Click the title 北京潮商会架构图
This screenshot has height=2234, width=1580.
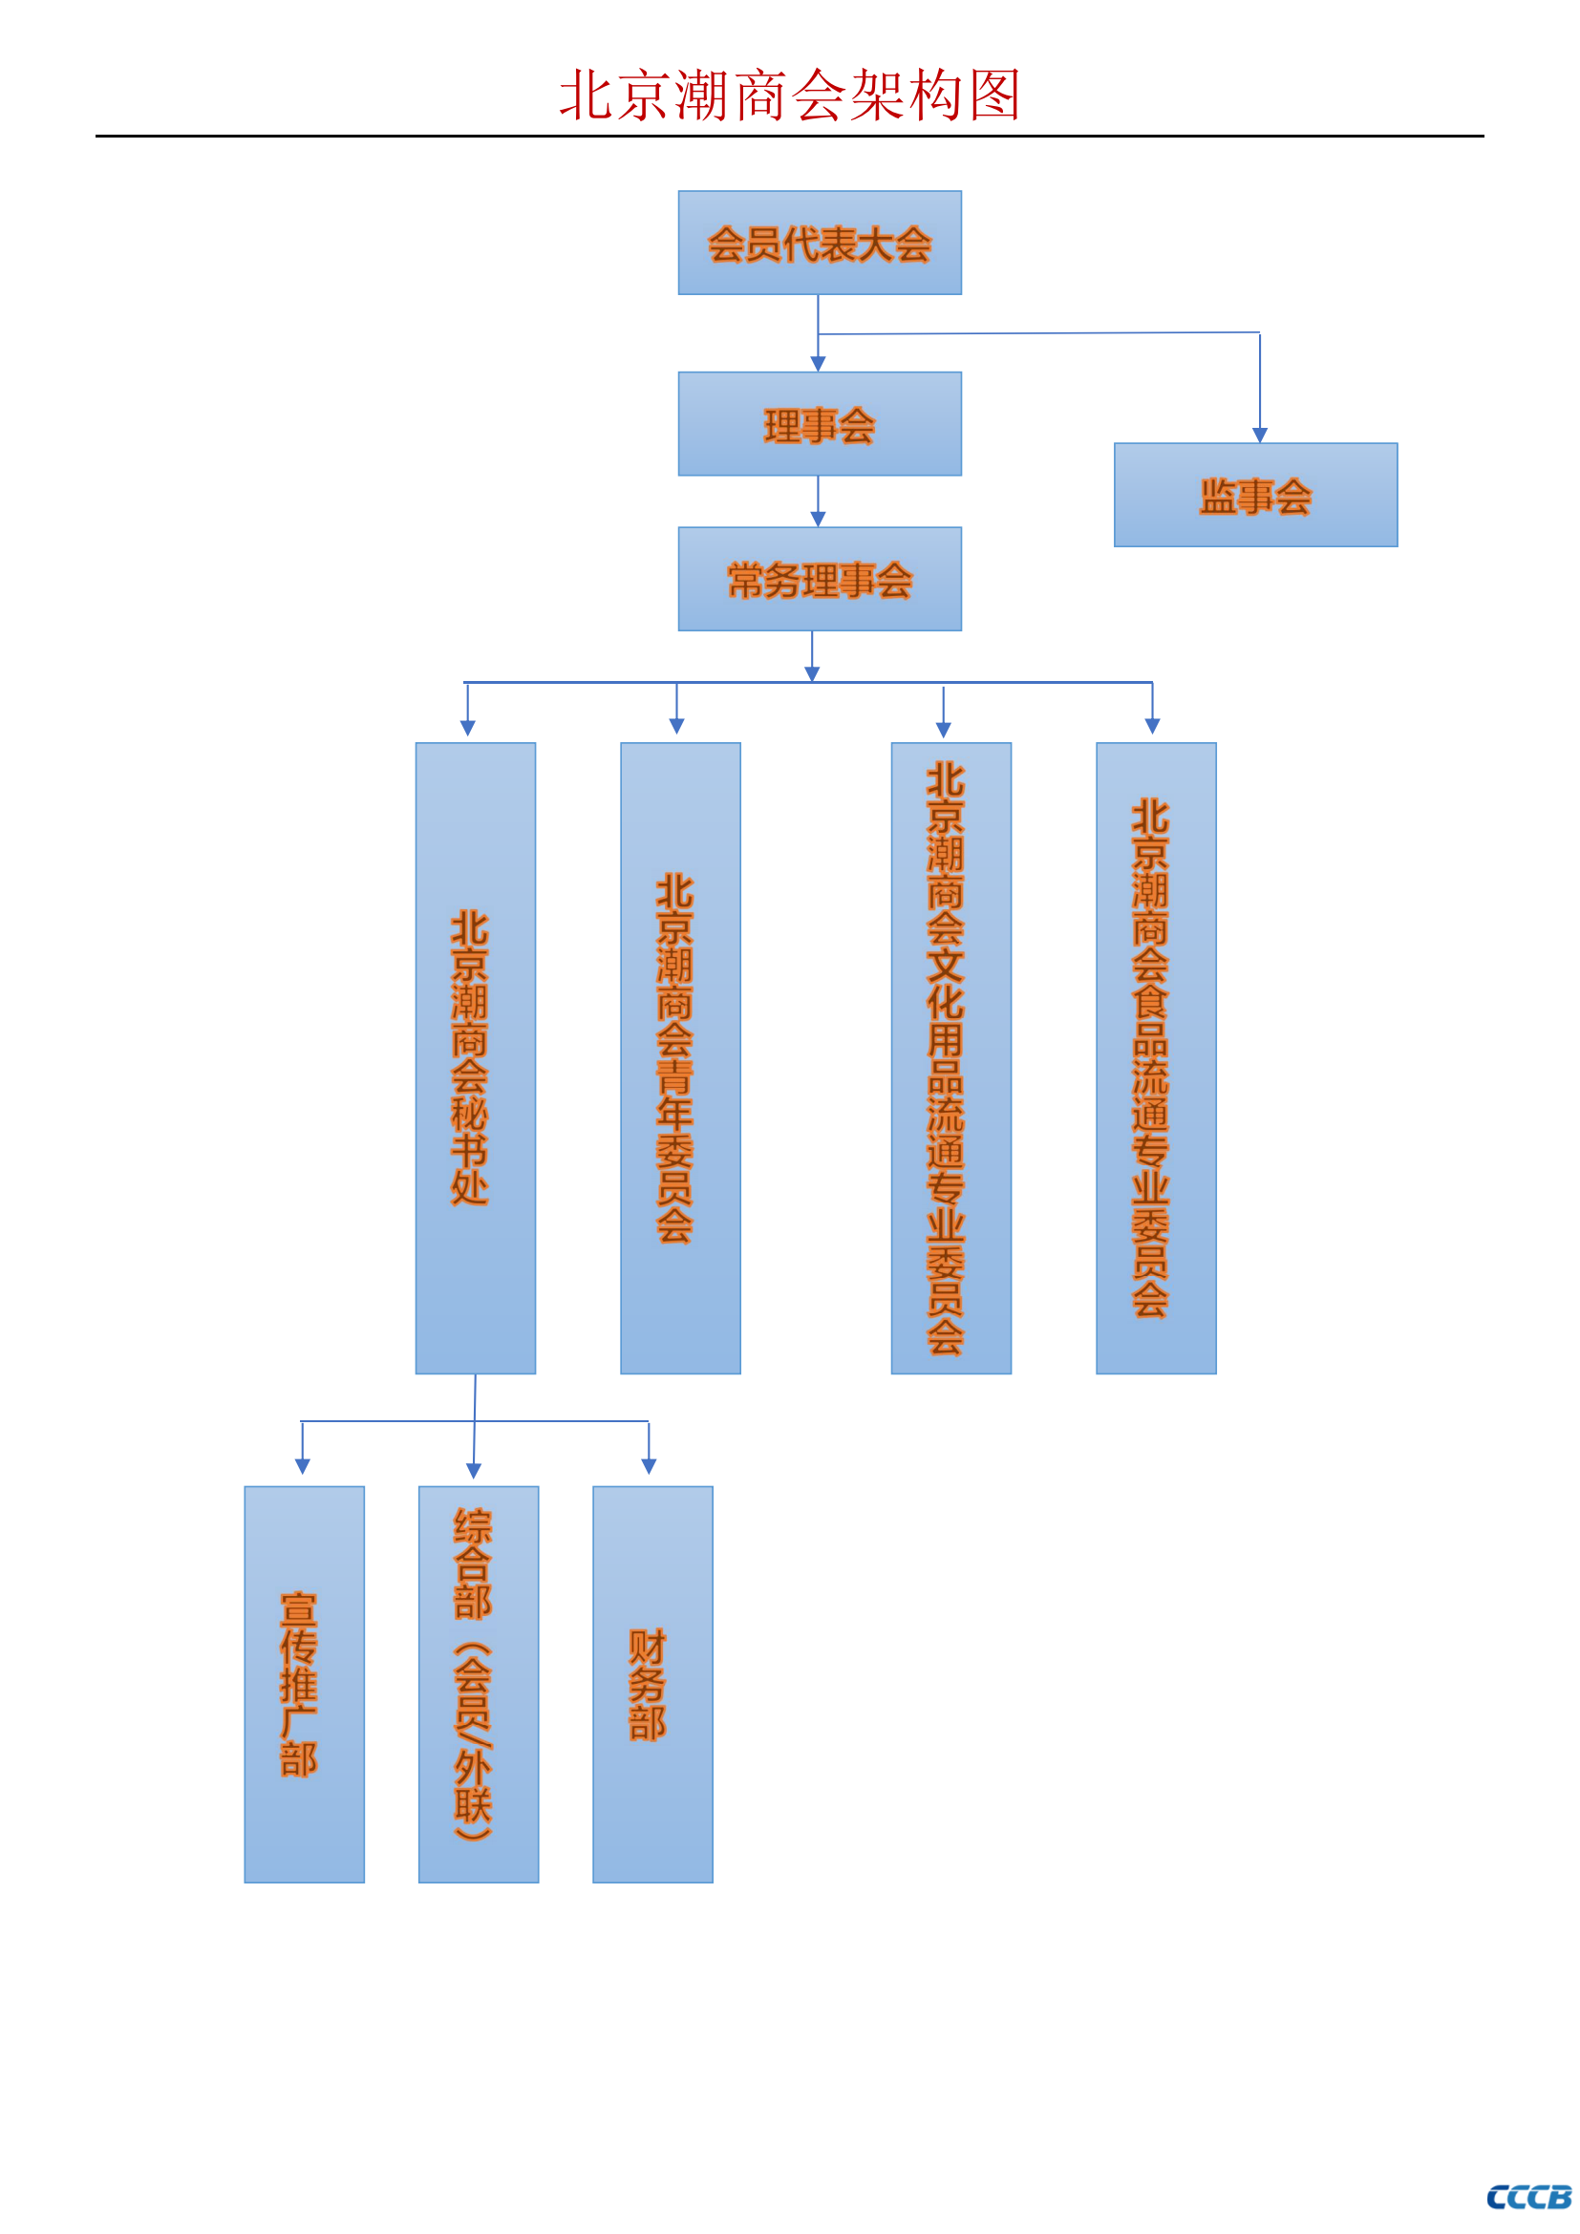click(789, 96)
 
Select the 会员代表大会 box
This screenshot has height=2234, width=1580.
click(821, 243)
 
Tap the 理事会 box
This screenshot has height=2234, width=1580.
click(821, 423)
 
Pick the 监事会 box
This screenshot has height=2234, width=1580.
click(1256, 496)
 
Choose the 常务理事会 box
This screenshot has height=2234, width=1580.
click(821, 579)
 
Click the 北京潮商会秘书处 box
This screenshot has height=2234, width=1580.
click(476, 1058)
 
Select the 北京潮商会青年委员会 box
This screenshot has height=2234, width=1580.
click(681, 1058)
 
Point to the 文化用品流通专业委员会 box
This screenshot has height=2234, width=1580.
click(951, 1058)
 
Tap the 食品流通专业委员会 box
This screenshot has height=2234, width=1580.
click(1157, 1058)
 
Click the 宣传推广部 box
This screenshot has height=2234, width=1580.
click(305, 1684)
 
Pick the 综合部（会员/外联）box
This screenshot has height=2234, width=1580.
click(479, 1684)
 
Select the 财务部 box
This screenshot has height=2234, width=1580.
click(652, 1684)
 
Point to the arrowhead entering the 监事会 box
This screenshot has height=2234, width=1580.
click(1260, 435)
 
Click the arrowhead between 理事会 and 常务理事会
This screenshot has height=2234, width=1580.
click(819, 519)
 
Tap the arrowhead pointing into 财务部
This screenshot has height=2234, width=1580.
click(649, 1466)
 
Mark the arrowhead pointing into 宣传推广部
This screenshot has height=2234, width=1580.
click(303, 1466)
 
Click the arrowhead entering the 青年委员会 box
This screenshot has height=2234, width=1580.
click(677, 726)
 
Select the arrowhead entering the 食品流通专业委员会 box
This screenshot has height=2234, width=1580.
click(1153, 726)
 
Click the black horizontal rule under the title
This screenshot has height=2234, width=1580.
click(790, 137)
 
